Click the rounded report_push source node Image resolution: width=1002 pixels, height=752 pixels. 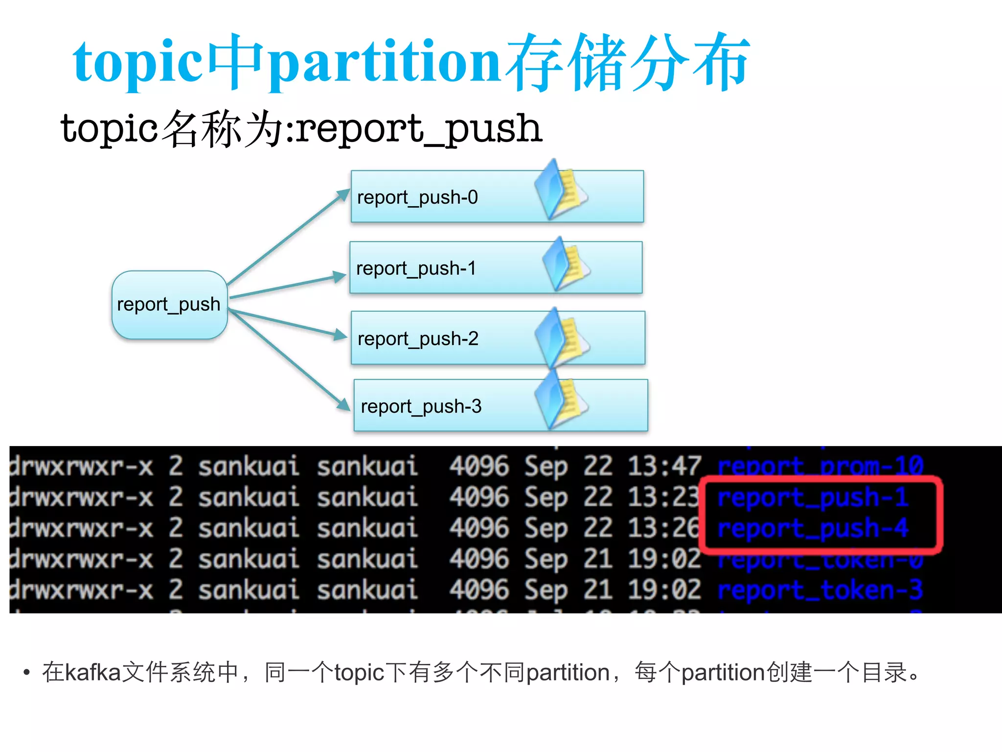pos(169,305)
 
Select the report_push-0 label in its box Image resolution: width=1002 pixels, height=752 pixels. pos(417,197)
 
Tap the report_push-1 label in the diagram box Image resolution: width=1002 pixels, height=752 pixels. pos(416,268)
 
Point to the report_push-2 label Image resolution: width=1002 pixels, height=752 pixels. pos(418,339)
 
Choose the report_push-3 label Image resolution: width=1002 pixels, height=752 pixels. pos(421,406)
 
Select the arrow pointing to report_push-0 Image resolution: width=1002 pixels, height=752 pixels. pos(289,237)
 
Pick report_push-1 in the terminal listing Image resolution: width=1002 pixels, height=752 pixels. pos(813,497)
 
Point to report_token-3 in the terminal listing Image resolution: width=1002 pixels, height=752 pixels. pos(820,590)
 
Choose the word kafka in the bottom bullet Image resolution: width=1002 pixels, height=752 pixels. pos(92,672)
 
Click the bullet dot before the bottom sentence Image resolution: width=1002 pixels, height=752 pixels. pos(26,672)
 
